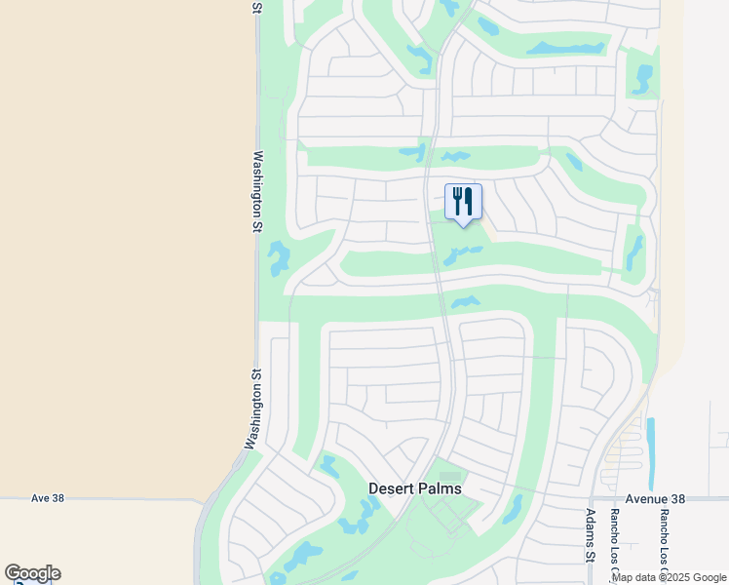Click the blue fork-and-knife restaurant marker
[463, 202]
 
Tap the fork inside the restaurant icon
[457, 201]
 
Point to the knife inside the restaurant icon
[469, 201]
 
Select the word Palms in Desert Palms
[440, 488]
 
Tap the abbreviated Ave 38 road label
[47, 497]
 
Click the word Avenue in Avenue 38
[648, 498]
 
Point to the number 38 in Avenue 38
[678, 498]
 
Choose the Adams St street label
[591, 535]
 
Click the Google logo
[32, 573]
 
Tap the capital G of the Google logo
[13, 573]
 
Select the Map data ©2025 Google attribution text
[669, 577]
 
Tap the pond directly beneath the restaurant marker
[461, 255]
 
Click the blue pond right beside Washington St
[279, 257]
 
